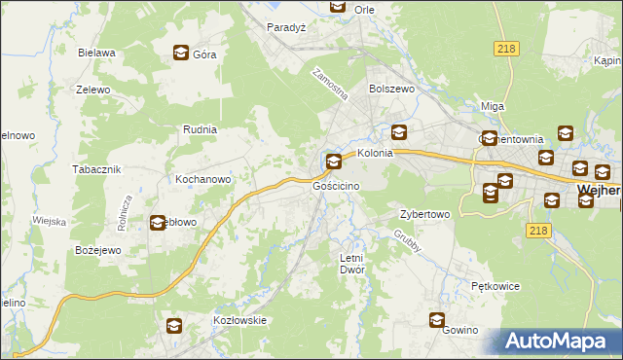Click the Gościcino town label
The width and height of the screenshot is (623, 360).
pos(337,185)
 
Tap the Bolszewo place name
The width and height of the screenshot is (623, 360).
pos(391,88)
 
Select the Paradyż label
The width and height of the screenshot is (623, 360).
pos(287,27)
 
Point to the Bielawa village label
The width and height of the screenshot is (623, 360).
pos(97,53)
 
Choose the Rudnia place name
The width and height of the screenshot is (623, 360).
pos(200,128)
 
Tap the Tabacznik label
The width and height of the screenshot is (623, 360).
pos(96,168)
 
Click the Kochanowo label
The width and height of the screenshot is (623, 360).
pos(202,180)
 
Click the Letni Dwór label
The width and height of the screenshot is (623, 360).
pos(350,264)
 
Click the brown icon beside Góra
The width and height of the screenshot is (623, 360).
pos(181,54)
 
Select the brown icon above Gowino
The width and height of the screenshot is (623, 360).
pos(438,319)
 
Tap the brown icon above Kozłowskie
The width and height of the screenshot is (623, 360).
pos(173,325)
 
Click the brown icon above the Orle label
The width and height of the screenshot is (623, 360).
pos(337,7)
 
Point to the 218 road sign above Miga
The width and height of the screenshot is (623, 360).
pos(505,50)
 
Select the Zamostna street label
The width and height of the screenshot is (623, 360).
pos(329,86)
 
